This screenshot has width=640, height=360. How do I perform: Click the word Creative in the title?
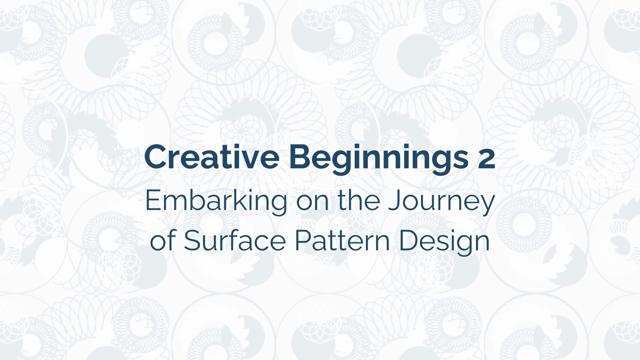(212, 157)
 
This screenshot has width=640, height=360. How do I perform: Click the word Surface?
(235, 240)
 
